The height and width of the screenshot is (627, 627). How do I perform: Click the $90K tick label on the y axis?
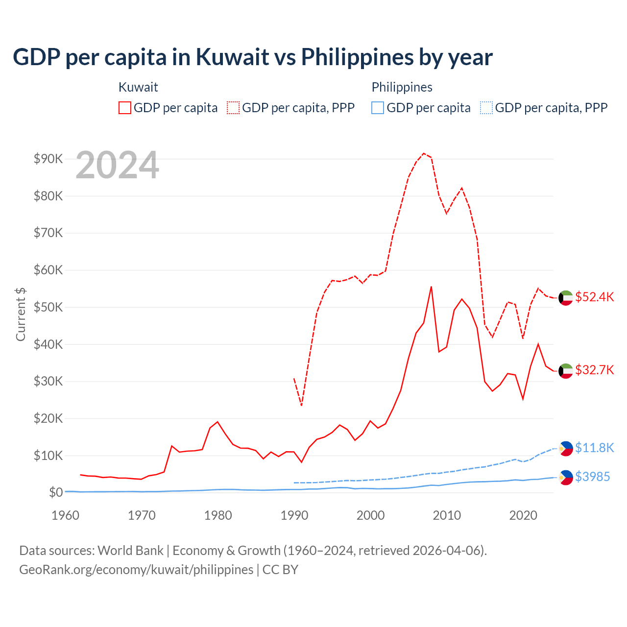point(48,159)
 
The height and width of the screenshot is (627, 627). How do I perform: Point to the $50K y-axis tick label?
point(48,307)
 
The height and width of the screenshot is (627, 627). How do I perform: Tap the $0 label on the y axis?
point(55,492)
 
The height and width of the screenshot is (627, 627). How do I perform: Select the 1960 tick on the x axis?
point(65,515)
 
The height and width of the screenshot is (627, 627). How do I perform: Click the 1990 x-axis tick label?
point(294,515)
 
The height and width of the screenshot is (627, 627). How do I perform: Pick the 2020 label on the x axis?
point(523,515)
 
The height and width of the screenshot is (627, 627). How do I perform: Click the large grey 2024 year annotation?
point(118,165)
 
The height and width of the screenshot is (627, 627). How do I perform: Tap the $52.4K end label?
point(594,297)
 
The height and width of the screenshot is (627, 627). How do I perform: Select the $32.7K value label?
point(594,370)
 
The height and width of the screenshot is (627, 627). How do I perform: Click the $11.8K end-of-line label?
point(594,448)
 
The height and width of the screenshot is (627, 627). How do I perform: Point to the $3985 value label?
point(592,477)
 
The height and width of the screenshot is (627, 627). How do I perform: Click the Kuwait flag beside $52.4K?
point(566,298)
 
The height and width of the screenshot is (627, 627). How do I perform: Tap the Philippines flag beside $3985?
point(566,477)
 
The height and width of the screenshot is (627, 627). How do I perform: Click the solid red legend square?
point(125,108)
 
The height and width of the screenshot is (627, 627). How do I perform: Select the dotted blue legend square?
point(486,108)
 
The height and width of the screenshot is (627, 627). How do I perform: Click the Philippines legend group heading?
point(402,87)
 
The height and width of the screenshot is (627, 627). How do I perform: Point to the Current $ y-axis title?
point(21,314)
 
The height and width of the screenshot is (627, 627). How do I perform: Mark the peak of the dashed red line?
point(424,153)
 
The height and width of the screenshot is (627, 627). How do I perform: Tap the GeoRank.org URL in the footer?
point(136,570)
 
